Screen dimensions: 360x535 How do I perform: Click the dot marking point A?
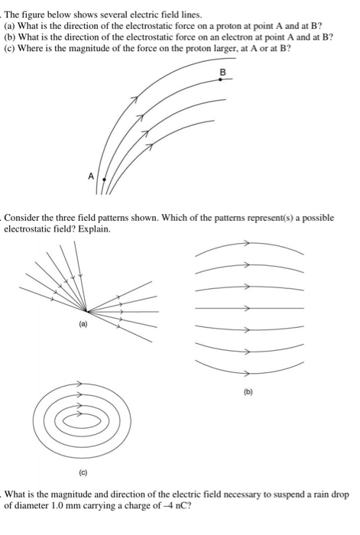pos(105,179)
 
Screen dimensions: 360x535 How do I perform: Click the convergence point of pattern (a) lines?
pos(88,311)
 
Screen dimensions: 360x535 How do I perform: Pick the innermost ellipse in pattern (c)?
pos(77,419)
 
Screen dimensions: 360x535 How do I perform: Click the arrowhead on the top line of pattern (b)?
pos(245,244)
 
